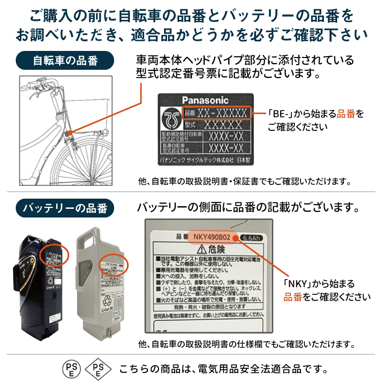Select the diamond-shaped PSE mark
click(x=97, y=368)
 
